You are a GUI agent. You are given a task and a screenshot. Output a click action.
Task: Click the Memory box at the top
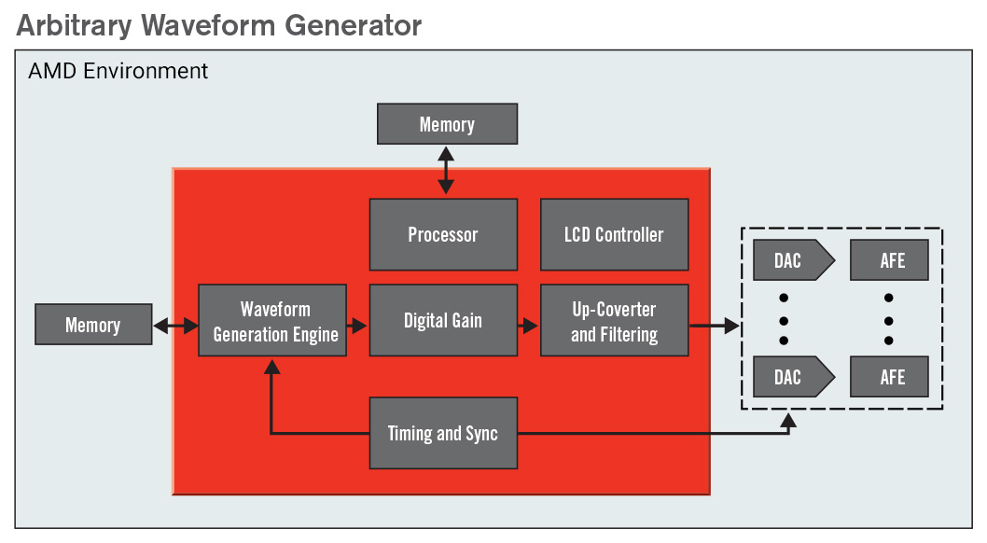[447, 124]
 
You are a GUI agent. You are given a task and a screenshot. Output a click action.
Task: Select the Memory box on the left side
[92, 326]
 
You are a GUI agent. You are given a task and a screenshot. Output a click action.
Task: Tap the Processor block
[443, 234]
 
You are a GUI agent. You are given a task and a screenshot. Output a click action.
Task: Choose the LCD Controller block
[614, 234]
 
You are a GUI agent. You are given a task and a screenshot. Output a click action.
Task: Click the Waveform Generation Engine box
[272, 320]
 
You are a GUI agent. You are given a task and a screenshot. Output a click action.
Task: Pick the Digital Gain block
[443, 320]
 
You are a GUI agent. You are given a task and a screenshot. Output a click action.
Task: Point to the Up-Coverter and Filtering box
[614, 320]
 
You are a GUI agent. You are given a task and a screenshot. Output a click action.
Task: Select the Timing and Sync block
[443, 434]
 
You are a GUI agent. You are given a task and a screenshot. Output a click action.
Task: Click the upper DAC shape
[789, 260]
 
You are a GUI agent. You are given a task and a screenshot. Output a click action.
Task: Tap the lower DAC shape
[789, 377]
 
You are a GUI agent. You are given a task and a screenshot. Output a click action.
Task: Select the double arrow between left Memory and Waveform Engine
[175, 326]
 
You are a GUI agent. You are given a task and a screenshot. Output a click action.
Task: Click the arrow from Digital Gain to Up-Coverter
[529, 326]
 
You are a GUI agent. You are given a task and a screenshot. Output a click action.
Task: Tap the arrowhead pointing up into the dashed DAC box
[788, 422]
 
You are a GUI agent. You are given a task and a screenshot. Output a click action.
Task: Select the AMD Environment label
[118, 71]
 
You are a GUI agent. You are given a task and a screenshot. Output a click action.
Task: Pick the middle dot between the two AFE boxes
[889, 319]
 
